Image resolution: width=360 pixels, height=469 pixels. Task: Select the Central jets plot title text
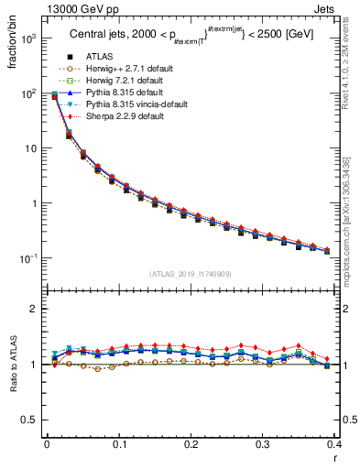(190, 37)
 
